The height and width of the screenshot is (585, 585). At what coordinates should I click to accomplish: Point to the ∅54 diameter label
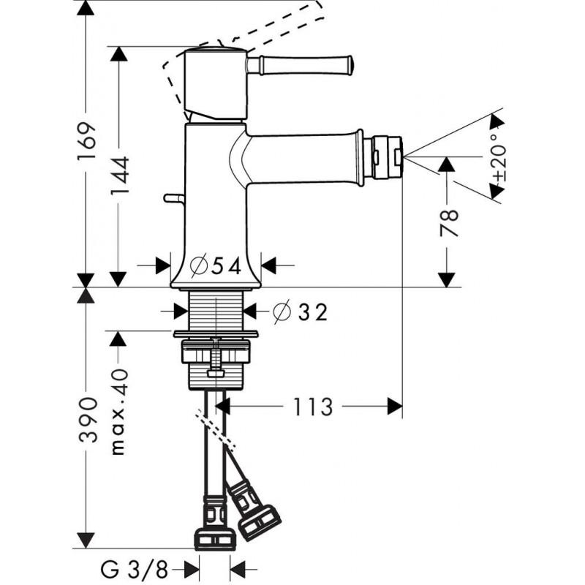215,266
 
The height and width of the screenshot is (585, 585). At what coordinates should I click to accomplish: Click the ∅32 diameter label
300,312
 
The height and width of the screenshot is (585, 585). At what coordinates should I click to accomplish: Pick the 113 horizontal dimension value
314,406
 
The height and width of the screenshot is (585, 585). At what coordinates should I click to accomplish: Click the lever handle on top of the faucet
300,65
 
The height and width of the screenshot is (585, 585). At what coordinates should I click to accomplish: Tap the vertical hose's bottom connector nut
216,537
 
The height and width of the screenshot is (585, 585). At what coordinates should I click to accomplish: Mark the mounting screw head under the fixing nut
216,373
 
